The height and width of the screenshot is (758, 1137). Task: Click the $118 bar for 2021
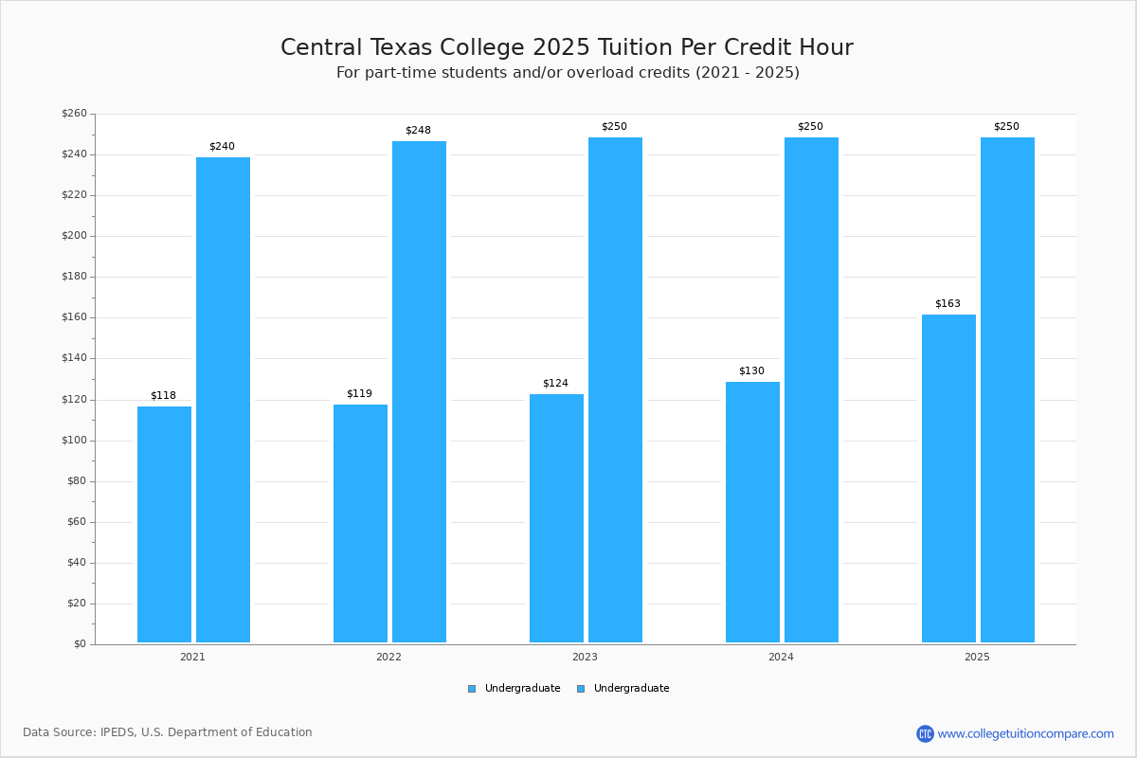(164, 524)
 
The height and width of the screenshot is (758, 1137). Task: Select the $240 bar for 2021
(223, 400)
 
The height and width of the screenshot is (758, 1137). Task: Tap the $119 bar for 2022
(360, 523)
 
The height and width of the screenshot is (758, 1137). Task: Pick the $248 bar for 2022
(419, 391)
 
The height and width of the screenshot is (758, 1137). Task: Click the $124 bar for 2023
(556, 518)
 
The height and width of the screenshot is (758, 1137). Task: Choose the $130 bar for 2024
(752, 512)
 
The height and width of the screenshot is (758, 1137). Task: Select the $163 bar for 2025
(948, 478)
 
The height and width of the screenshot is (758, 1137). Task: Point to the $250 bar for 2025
(1007, 389)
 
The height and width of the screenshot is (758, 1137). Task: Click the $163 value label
(947, 304)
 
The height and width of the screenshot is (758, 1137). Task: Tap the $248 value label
(418, 130)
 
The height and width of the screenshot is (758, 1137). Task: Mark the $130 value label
(751, 371)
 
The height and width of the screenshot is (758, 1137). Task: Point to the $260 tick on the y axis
(74, 114)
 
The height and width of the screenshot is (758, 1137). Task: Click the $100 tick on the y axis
(74, 441)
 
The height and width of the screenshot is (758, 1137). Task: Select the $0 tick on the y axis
(80, 644)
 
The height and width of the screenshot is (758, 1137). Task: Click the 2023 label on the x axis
(585, 657)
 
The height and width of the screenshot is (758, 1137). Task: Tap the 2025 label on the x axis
(977, 657)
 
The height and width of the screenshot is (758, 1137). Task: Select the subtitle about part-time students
(568, 73)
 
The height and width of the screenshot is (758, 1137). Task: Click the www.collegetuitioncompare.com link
(1025, 733)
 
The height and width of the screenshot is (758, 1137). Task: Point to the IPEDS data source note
(168, 732)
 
